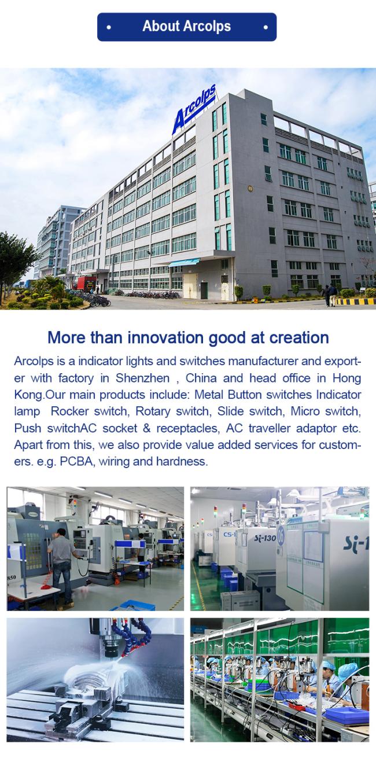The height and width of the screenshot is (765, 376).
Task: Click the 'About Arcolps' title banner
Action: [187, 27]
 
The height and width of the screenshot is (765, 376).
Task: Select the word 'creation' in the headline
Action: [299, 337]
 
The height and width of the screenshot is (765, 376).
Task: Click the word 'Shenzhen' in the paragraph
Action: [142, 378]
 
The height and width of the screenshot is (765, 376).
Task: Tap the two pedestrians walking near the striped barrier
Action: [330, 295]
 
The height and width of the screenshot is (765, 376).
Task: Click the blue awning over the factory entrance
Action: [184, 262]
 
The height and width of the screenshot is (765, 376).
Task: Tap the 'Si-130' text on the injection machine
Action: [265, 538]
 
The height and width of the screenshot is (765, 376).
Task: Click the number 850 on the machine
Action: [12, 578]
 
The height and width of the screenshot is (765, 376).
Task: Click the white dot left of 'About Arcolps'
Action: [109, 27]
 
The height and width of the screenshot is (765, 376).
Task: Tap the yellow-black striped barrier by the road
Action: [356, 301]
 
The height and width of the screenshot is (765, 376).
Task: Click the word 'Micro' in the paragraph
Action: [305, 411]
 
